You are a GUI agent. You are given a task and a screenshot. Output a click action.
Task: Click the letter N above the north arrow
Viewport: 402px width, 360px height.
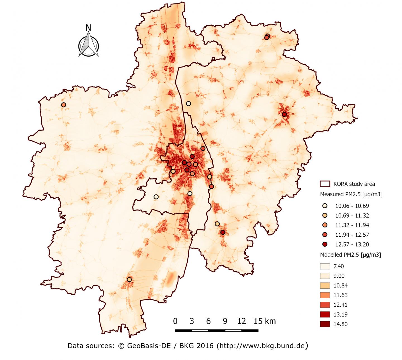click(x=88, y=28)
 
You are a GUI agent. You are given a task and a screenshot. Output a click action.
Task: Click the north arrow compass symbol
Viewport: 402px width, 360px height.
click(x=88, y=45)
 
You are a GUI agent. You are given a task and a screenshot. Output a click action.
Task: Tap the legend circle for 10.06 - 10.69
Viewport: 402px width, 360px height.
click(x=325, y=206)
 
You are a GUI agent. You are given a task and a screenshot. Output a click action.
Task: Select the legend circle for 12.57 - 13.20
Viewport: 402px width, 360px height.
click(x=325, y=244)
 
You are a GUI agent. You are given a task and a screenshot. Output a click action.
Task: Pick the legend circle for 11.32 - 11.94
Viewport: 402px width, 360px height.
click(x=325, y=225)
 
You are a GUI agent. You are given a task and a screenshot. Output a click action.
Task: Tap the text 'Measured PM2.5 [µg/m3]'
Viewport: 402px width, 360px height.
click(x=351, y=194)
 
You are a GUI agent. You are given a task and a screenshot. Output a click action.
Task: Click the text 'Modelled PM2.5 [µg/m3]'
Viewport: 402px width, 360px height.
click(x=350, y=255)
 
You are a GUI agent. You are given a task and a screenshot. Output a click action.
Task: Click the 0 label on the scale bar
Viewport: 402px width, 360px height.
click(x=175, y=321)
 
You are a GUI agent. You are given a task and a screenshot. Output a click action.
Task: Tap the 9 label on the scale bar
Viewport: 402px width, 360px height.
click(x=225, y=321)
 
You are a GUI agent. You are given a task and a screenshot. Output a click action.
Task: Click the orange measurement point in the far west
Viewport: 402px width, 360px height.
click(x=64, y=105)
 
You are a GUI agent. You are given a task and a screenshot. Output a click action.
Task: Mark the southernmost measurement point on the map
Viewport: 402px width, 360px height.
click(x=129, y=279)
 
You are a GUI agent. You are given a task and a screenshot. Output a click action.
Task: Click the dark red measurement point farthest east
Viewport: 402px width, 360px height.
click(x=284, y=114)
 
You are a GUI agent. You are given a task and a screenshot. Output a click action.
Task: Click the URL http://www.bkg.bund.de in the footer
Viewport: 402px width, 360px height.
click(x=262, y=346)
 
